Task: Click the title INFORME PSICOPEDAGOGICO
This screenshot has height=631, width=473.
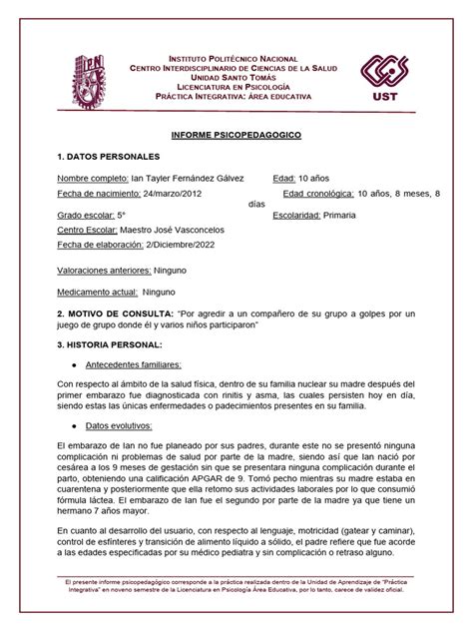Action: coord(236,133)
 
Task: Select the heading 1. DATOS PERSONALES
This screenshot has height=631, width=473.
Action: coord(108,157)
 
